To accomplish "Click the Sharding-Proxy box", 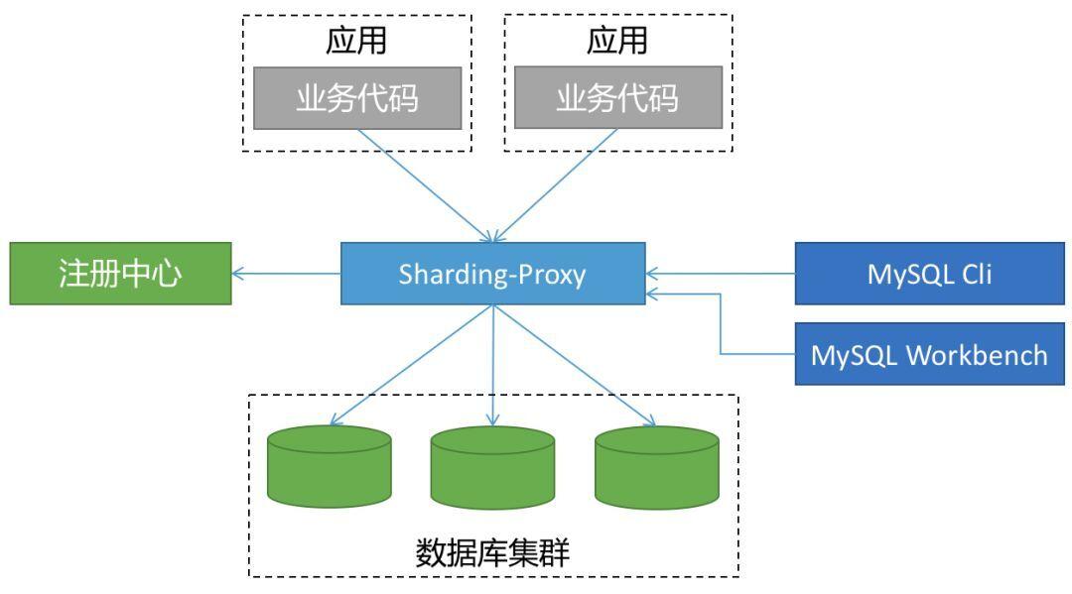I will [x=492, y=274].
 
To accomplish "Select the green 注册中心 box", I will [x=119, y=274].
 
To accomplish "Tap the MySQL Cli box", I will [x=929, y=274].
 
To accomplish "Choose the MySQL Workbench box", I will [x=929, y=354].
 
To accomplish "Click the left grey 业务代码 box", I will [x=357, y=98].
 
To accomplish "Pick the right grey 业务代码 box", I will [x=617, y=98].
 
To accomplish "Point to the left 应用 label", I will [x=357, y=41].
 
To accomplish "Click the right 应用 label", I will [x=617, y=41].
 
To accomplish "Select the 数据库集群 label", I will [x=492, y=553].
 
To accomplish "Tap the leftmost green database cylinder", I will [x=330, y=465].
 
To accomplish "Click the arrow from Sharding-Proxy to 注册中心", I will [x=286, y=274].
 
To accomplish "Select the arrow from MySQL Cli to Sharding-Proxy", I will [x=720, y=274].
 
